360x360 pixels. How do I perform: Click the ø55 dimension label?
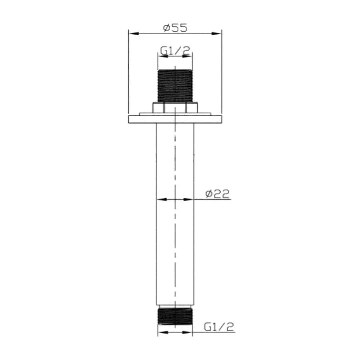pyautogui.click(x=175, y=28)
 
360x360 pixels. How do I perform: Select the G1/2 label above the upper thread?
pyautogui.click(x=175, y=51)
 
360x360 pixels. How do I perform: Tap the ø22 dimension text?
pyautogui.click(x=218, y=194)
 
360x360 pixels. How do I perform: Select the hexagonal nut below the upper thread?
pyautogui.click(x=175, y=108)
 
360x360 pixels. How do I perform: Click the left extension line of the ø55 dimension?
pyautogui.click(x=129, y=73)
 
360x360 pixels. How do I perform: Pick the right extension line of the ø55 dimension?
pyautogui.click(x=222, y=73)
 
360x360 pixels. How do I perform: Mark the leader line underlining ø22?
pyautogui.click(x=213, y=199)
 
